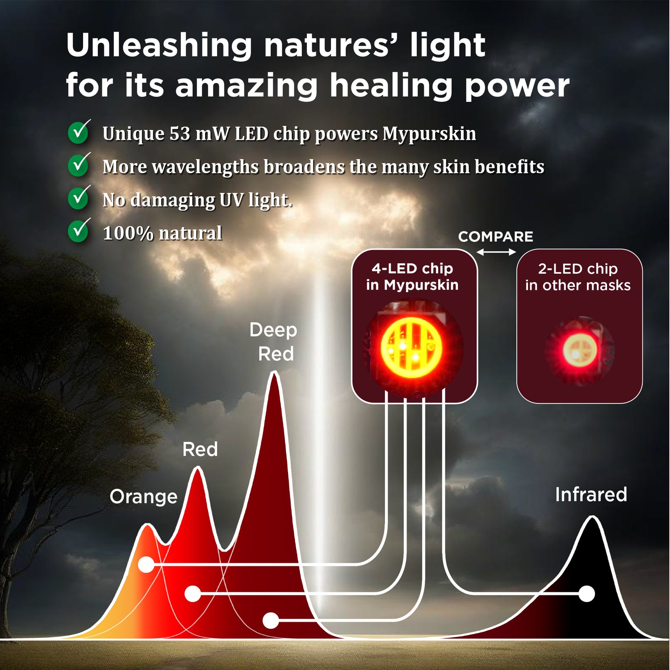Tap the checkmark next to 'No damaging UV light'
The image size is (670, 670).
pos(79,197)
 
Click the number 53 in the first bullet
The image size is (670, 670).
pos(180,134)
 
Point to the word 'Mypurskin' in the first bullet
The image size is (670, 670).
pos(429,134)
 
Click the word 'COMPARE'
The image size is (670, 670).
pos(496,237)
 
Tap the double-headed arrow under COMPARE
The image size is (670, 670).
pos(496,252)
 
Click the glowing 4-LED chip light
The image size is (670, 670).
pos(411,348)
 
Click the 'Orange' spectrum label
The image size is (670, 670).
pos(143,497)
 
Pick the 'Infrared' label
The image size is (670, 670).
pos(591,494)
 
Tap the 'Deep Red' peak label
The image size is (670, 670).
pos(273,342)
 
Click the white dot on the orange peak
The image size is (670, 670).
pos(146,565)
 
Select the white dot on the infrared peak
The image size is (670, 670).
pos(586,594)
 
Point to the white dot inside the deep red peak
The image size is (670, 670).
pos(271,620)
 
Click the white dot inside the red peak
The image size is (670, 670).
pos(193,594)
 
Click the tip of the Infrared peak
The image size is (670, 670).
pos(592,516)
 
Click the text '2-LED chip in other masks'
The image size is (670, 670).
pos(578,277)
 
